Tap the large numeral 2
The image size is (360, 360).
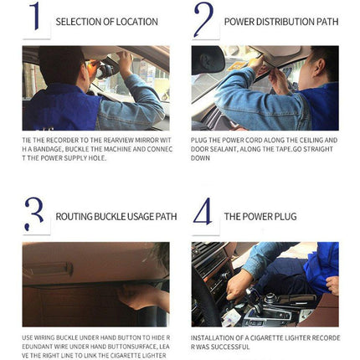pos(203,20)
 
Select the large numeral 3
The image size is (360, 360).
pos(34,214)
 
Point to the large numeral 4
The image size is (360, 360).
pos(203,214)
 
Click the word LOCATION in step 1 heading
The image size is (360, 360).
pos(136,21)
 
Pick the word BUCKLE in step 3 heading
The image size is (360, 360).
pos(106,216)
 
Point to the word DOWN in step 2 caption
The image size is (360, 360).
pos(201,157)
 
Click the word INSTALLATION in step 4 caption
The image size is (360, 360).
pos(213,337)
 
